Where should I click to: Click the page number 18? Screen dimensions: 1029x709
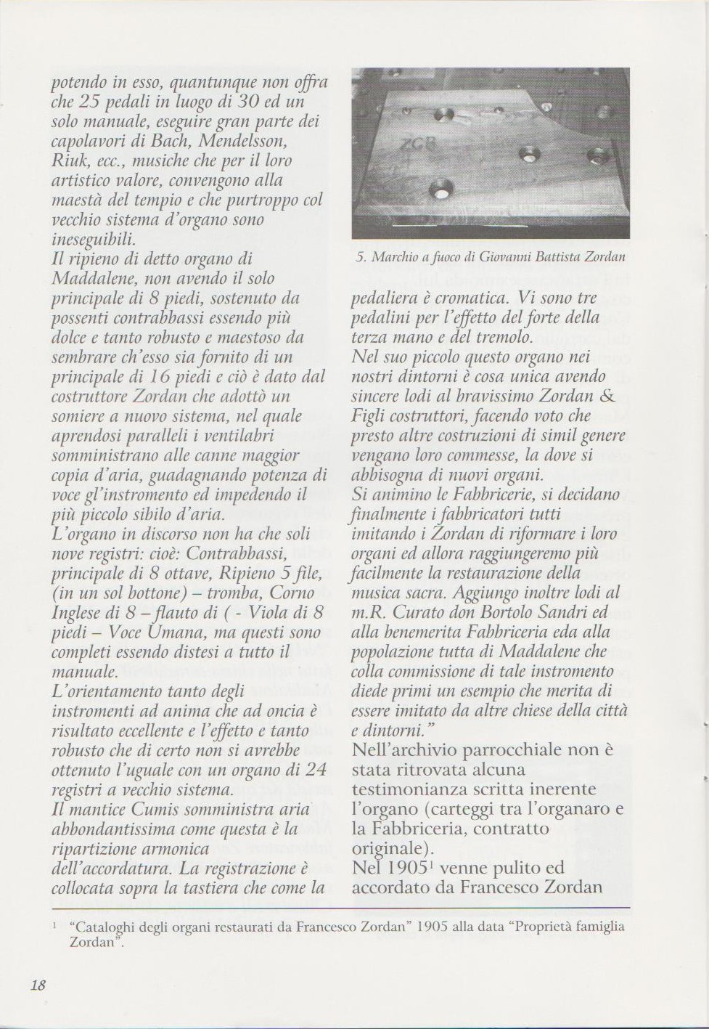click(x=38, y=985)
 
